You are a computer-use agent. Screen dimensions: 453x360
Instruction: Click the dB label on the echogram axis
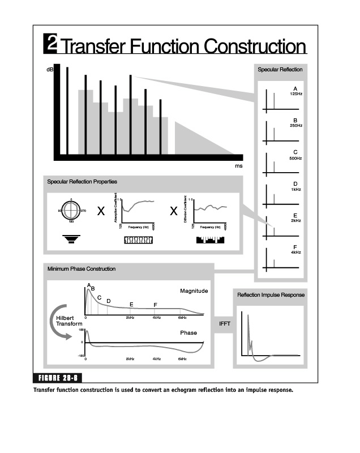(49, 70)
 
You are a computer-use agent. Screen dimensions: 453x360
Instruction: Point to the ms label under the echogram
(239, 166)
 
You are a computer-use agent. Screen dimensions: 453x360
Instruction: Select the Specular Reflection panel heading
(280, 70)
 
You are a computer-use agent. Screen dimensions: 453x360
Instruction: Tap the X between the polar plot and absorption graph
(101, 212)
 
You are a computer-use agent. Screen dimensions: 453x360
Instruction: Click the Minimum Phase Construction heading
(82, 269)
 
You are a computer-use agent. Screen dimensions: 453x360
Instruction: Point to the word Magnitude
(194, 291)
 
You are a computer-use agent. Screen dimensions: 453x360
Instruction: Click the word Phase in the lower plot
(188, 333)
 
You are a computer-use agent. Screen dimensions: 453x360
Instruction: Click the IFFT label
(223, 323)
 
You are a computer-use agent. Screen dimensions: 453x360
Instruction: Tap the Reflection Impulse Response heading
(271, 295)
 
